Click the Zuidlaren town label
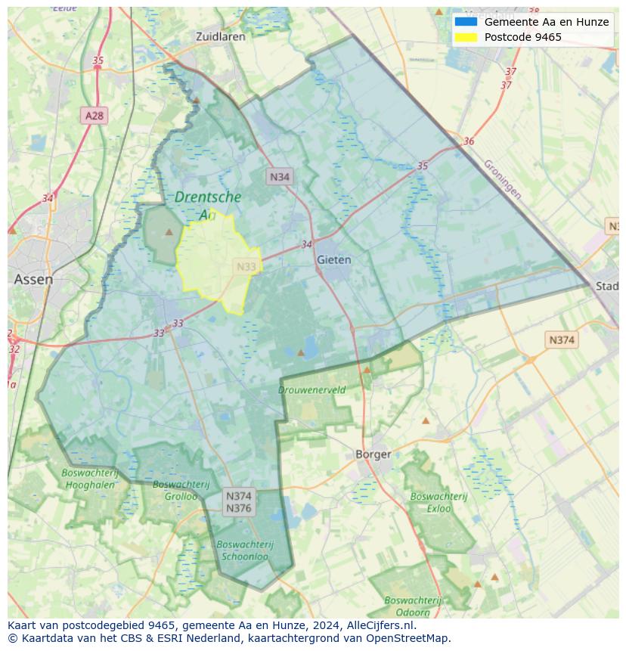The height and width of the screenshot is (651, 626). (x=220, y=36)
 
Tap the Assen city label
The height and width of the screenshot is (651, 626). (x=33, y=279)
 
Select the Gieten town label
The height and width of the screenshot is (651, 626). (x=333, y=259)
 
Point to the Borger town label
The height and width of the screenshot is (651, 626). (x=373, y=454)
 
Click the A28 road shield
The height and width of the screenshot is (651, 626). (x=95, y=116)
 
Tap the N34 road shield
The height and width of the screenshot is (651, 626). (x=279, y=177)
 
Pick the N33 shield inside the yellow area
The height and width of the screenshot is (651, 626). (x=246, y=266)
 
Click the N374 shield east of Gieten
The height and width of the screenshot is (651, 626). (x=561, y=340)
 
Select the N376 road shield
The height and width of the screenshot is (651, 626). (x=238, y=508)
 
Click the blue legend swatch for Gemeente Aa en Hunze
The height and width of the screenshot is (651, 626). (x=466, y=22)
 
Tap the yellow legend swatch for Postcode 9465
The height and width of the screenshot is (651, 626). (x=466, y=37)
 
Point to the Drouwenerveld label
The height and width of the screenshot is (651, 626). (x=311, y=390)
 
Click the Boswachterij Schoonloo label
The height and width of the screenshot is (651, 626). (x=245, y=550)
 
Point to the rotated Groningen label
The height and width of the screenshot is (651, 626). (x=502, y=179)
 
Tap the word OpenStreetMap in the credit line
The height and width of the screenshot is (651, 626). (x=409, y=638)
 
